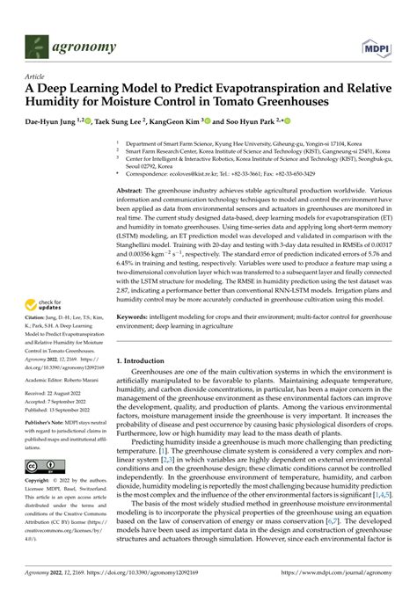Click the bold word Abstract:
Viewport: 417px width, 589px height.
coord(130,190)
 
